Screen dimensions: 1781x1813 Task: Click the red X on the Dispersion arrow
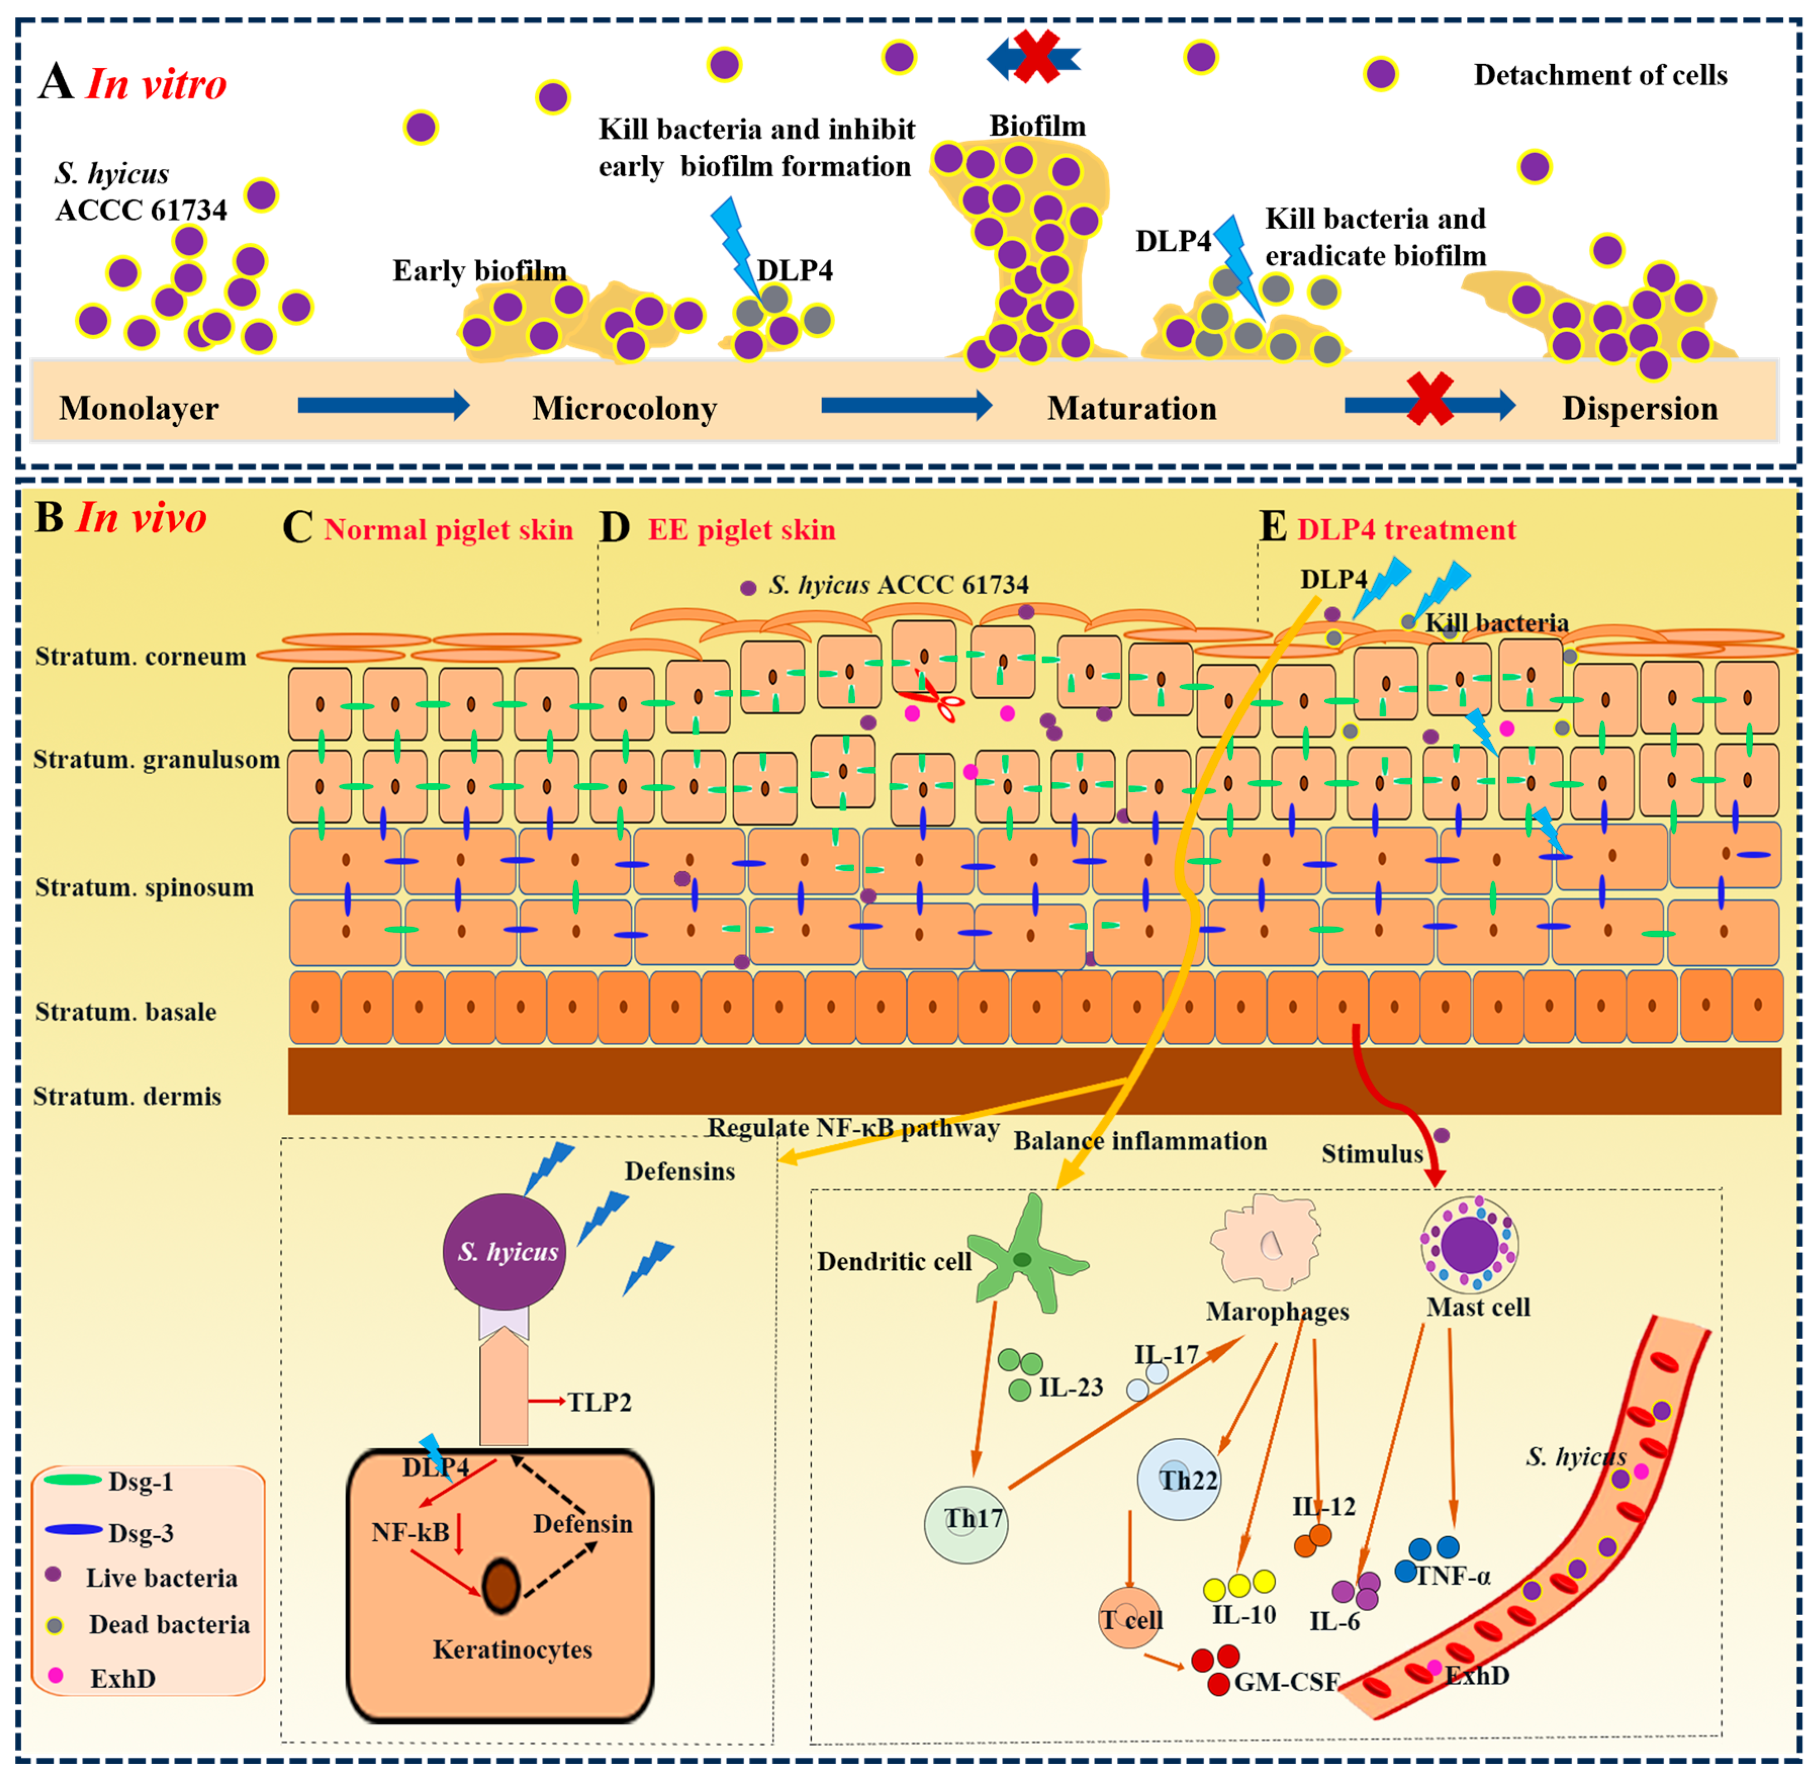point(1430,398)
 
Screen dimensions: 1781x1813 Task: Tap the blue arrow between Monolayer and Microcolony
point(383,405)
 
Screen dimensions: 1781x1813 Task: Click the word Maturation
point(1131,409)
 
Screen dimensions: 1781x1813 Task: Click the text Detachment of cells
point(1600,75)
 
